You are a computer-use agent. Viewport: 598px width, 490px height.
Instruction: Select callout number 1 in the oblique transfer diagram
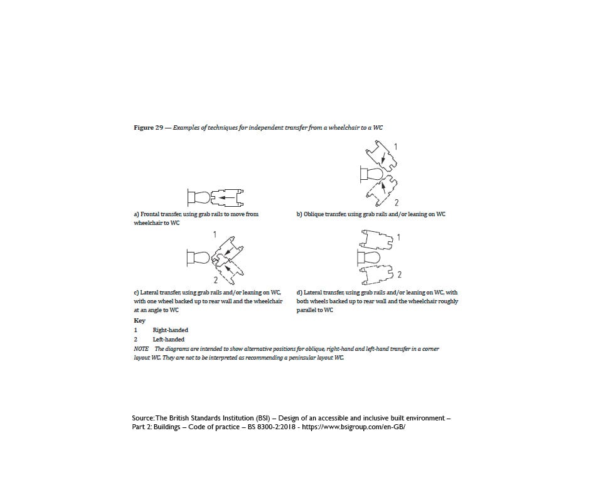pos(395,147)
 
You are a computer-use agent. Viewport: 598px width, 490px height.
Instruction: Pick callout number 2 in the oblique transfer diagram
pos(397,202)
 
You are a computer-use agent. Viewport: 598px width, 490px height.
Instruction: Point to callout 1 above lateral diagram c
pos(215,234)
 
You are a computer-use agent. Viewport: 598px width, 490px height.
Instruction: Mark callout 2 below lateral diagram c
pos(215,279)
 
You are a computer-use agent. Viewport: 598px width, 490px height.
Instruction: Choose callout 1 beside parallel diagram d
pos(398,238)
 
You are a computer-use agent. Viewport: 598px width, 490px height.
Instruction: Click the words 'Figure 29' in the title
pos(149,128)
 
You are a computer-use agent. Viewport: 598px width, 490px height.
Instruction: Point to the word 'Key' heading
pos(139,320)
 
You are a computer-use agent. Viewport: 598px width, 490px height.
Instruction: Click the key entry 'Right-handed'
pos(170,330)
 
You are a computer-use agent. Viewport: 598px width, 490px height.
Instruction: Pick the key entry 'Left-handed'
pos(168,340)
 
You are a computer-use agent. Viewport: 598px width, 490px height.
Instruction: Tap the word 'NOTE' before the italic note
pos(141,348)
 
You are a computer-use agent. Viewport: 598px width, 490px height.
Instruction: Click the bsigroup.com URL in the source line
pos(355,427)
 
